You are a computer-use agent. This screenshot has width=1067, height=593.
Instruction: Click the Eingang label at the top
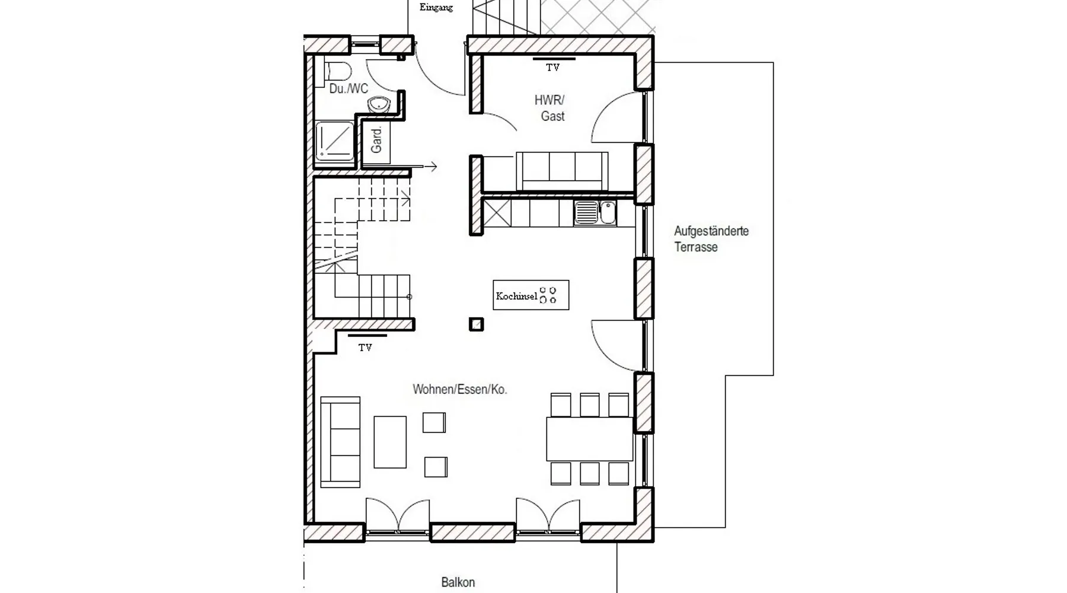(x=436, y=8)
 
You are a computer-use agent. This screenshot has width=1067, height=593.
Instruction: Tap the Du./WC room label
(x=349, y=89)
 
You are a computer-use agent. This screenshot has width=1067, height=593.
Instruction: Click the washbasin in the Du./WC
(x=379, y=106)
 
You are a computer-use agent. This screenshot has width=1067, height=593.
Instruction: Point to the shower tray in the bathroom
(x=334, y=141)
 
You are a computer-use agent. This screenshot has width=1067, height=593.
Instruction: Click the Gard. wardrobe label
(x=376, y=141)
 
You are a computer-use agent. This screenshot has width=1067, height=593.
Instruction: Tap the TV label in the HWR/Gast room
(x=552, y=68)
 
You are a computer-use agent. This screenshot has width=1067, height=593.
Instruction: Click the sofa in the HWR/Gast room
(x=562, y=171)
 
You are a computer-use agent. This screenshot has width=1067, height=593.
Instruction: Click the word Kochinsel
(x=516, y=296)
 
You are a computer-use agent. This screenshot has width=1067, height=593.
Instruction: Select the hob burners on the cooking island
(x=548, y=295)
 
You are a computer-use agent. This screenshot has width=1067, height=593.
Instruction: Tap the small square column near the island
(x=476, y=324)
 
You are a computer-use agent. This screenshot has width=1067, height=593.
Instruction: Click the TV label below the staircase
(x=365, y=347)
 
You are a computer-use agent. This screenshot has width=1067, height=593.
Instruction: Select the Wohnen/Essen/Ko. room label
(x=460, y=390)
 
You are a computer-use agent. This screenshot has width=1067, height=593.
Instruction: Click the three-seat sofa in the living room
(x=340, y=442)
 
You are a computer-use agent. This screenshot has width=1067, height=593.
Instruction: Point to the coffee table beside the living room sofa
(x=390, y=442)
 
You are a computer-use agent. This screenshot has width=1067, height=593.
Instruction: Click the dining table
(x=590, y=439)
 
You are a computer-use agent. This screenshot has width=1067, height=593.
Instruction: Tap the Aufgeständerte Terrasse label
(x=711, y=239)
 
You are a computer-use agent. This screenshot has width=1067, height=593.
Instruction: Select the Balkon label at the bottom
(x=458, y=582)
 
